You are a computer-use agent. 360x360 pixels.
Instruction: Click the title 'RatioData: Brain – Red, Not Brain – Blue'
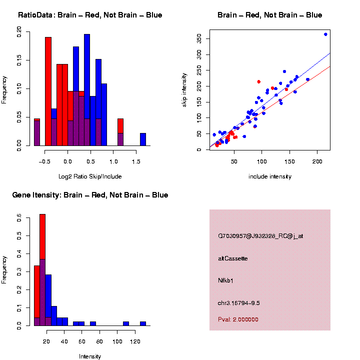(90, 15)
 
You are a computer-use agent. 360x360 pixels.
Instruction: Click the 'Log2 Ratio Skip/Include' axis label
(89, 176)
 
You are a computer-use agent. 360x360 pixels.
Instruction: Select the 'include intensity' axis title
(270, 176)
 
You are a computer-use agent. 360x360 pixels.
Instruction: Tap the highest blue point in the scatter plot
(325, 34)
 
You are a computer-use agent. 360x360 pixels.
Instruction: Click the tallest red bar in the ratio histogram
(48, 90)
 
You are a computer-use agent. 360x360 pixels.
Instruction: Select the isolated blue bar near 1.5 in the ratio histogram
(143, 139)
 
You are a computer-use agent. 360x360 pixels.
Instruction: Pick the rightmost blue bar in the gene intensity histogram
(143, 323)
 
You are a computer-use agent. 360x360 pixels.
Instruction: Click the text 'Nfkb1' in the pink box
(226, 281)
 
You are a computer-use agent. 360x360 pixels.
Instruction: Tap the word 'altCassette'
(233, 258)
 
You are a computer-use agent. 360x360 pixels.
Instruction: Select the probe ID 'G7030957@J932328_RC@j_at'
(260, 236)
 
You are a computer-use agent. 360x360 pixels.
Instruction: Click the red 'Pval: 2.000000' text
(238, 319)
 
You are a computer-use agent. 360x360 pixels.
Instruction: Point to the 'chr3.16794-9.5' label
(239, 303)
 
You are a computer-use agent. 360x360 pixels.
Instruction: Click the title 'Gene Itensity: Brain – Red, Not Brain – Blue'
(90, 195)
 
